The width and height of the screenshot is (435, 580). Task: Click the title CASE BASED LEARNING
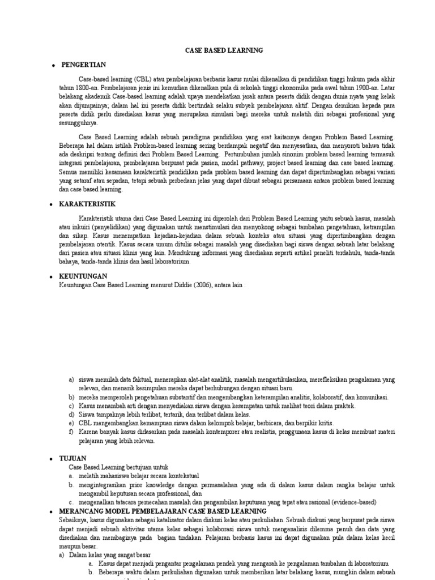coord(224,50)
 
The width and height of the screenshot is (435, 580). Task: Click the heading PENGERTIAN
coord(83,65)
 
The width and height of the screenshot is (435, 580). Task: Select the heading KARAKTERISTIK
coord(88,203)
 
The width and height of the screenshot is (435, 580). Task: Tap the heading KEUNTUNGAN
coord(83,275)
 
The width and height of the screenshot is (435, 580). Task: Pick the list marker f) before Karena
coord(71,432)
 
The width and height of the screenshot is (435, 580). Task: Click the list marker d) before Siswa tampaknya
coord(72,415)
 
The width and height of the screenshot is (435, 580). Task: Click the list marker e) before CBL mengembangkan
coord(72,423)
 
